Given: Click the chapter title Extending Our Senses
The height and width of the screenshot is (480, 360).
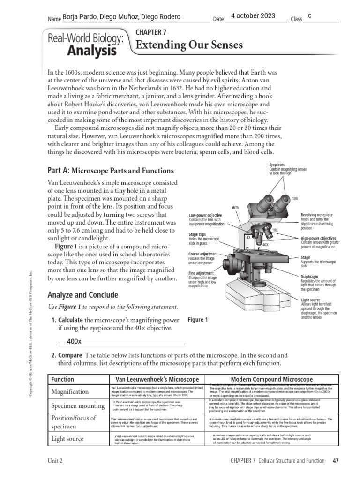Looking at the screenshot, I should (189, 45).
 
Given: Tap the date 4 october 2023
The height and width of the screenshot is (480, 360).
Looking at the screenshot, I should (254, 16).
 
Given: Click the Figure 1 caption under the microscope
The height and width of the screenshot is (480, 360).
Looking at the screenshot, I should (198, 320).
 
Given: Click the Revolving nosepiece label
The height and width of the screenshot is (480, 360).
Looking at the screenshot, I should (316, 215).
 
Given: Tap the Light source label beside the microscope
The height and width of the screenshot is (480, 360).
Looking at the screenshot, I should (311, 300).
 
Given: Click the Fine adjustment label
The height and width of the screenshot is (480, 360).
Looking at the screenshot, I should (201, 273).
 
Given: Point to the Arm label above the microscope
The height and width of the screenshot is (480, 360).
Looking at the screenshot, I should (236, 207).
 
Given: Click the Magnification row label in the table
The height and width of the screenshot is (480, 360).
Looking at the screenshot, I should (70, 391).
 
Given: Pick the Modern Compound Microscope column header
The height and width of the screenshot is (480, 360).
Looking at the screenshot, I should (272, 379).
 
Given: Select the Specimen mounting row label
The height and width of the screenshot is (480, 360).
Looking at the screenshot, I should (78, 406).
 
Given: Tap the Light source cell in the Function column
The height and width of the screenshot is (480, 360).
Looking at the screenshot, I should (67, 439).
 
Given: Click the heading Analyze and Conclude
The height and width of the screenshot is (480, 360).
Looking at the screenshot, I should (83, 295).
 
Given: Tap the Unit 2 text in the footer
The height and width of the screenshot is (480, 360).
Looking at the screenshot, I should (55, 460).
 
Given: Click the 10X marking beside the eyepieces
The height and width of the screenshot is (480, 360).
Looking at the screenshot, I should (295, 199).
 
